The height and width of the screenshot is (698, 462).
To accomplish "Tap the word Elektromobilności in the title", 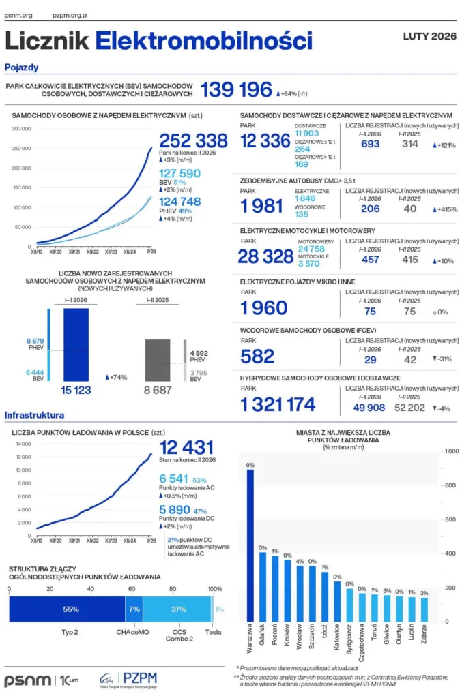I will tap(203, 41).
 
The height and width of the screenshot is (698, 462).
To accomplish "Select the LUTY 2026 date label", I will tap(429, 36).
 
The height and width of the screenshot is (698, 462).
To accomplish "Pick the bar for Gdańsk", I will tap(263, 586).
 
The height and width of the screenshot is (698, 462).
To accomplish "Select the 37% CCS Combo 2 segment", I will tap(178, 609).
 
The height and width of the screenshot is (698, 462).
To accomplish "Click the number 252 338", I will tap(193, 141).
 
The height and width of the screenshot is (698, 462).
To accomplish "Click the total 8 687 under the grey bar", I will tap(158, 391).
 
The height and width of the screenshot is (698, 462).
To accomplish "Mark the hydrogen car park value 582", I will tap(257, 356).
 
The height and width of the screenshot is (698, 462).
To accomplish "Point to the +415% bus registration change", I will tap(444, 209).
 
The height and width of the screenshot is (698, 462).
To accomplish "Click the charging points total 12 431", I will tap(187, 448).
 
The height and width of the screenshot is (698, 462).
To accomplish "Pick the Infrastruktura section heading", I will tap(34, 415).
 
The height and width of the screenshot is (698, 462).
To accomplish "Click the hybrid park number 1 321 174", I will tap(278, 405).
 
